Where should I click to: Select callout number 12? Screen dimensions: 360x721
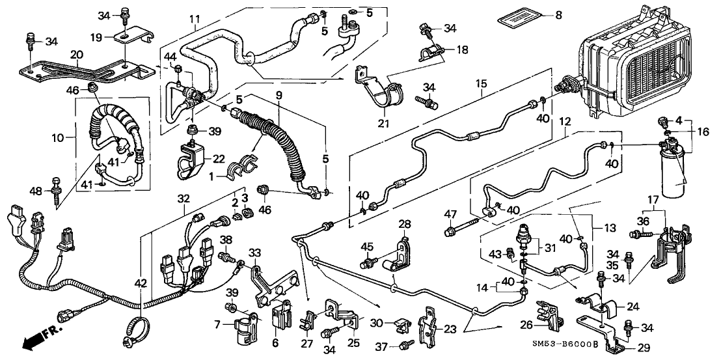point(564,122)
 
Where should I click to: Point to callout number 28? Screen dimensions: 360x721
point(405,225)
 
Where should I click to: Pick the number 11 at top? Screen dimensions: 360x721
point(194,20)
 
